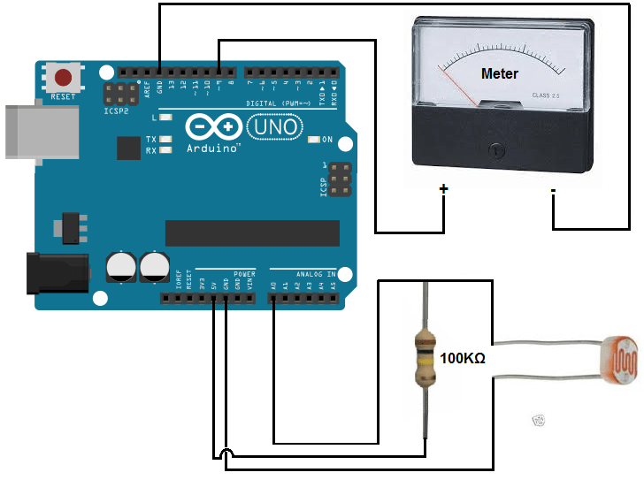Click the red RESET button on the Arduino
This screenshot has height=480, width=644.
pyautogui.click(x=63, y=76)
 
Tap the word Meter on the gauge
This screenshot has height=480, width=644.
pyautogui.click(x=499, y=73)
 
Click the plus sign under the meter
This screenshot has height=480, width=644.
pyautogui.click(x=444, y=189)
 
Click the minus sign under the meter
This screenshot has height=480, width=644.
pyautogui.click(x=553, y=190)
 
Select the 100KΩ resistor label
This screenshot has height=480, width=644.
pyautogui.click(x=463, y=359)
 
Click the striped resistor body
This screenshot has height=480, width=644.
pyautogui.click(x=426, y=358)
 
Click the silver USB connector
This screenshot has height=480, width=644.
pyautogui.click(x=35, y=133)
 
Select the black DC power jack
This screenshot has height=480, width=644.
pyautogui.click(x=57, y=273)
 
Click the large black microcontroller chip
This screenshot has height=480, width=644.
pyautogui.click(x=252, y=232)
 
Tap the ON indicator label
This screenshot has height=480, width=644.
pyautogui.click(x=326, y=140)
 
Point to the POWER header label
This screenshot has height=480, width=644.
pyautogui.click(x=244, y=274)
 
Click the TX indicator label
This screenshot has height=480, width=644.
pyautogui.click(x=150, y=140)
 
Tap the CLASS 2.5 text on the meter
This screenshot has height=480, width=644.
pyautogui.click(x=546, y=95)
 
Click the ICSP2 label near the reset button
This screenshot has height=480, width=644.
pyautogui.click(x=117, y=113)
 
